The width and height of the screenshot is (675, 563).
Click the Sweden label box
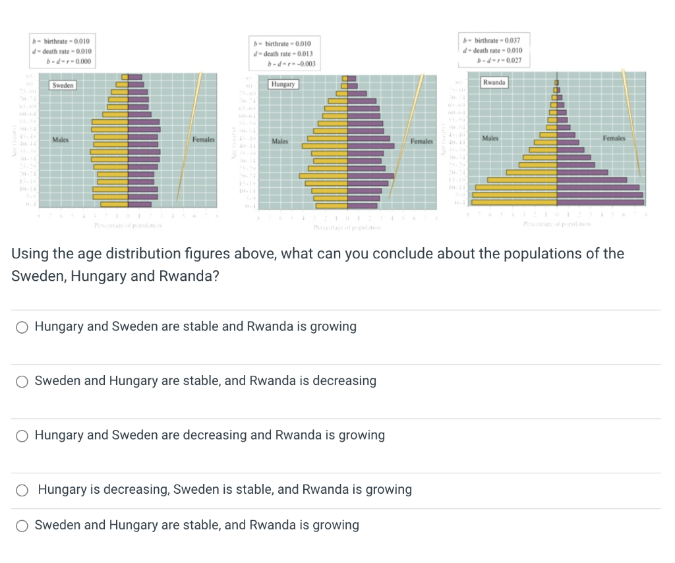63,86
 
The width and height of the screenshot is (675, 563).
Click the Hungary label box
283,84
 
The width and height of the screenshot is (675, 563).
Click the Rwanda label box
494,82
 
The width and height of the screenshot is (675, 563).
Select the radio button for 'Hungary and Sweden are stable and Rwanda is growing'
22,327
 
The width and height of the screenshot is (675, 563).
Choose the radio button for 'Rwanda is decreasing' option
22,381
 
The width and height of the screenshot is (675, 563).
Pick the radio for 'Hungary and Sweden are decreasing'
22,435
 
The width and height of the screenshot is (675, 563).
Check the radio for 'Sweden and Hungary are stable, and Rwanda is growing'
22,525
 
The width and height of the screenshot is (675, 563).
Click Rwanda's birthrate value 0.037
511,40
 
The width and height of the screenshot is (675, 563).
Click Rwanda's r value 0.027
513,61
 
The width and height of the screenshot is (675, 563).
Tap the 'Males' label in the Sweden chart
61,140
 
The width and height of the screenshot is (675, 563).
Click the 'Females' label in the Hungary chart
421,142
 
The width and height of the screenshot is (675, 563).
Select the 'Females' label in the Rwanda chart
613,138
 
